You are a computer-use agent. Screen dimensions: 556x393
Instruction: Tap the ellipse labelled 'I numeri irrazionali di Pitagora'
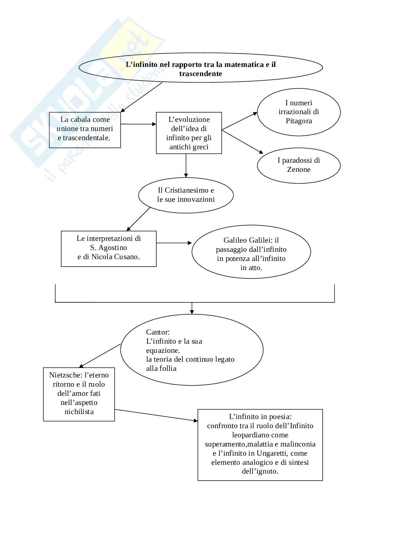tap(299, 112)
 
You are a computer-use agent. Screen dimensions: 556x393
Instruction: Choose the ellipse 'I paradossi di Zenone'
tap(299, 165)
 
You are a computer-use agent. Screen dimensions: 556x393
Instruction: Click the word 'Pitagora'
tap(299, 121)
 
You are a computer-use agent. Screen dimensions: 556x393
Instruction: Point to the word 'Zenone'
tap(299, 169)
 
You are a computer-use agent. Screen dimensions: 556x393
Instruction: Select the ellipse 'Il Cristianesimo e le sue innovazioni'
tap(186, 195)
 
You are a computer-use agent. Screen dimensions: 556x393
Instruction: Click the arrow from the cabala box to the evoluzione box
tap(138, 124)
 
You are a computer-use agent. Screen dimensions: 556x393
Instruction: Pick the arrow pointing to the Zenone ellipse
tap(242, 142)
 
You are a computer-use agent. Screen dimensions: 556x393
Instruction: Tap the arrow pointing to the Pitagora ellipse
tap(239, 121)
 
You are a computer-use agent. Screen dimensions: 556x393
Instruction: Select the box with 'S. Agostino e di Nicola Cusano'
tap(108, 248)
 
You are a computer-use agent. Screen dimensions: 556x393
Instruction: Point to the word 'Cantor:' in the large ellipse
tap(158, 332)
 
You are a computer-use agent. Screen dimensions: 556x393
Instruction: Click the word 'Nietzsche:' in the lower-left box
tap(66, 375)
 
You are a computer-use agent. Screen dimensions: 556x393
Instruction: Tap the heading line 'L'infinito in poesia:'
tap(260, 417)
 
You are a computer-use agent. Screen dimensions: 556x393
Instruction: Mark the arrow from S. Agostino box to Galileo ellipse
tap(174, 243)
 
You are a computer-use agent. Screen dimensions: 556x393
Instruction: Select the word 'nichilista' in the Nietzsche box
tap(79, 412)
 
